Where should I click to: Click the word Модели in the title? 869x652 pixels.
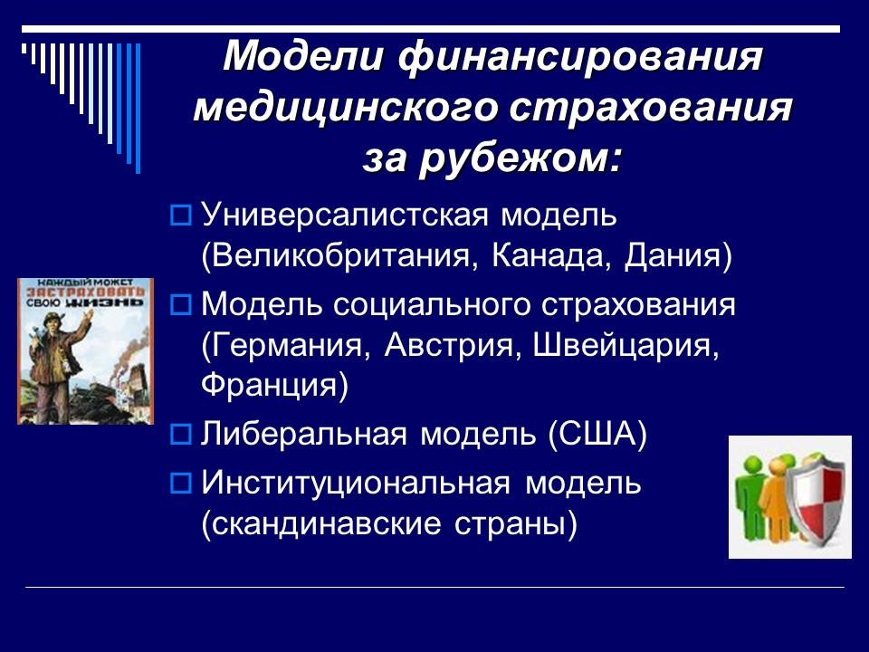(301, 59)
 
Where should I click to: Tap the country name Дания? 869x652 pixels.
(676, 256)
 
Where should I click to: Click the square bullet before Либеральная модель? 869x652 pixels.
(180, 435)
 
